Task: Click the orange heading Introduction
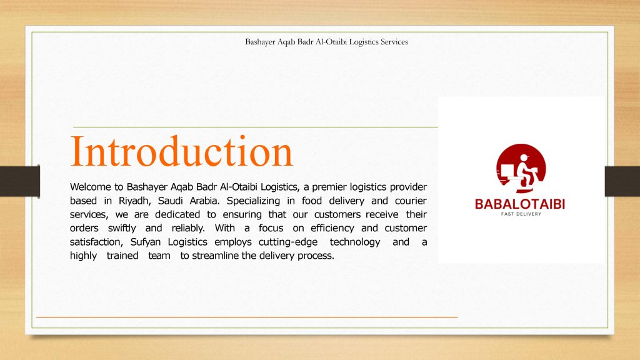tap(182, 151)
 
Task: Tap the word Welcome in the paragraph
tap(90, 187)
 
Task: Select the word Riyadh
tap(135, 201)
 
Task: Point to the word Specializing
tap(253, 201)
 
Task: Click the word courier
tap(411, 201)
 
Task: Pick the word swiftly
tap(122, 228)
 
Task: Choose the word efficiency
tap(332, 228)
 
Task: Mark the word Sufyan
tap(145, 242)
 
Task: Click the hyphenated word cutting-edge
tap(287, 242)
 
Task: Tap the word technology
tap(355, 242)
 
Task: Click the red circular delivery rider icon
tap(521, 168)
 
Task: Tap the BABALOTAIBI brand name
tap(520, 204)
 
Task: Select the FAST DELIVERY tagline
tap(521, 214)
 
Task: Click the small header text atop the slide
tap(326, 42)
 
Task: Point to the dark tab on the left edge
tap(20, 181)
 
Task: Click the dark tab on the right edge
tap(622, 181)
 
